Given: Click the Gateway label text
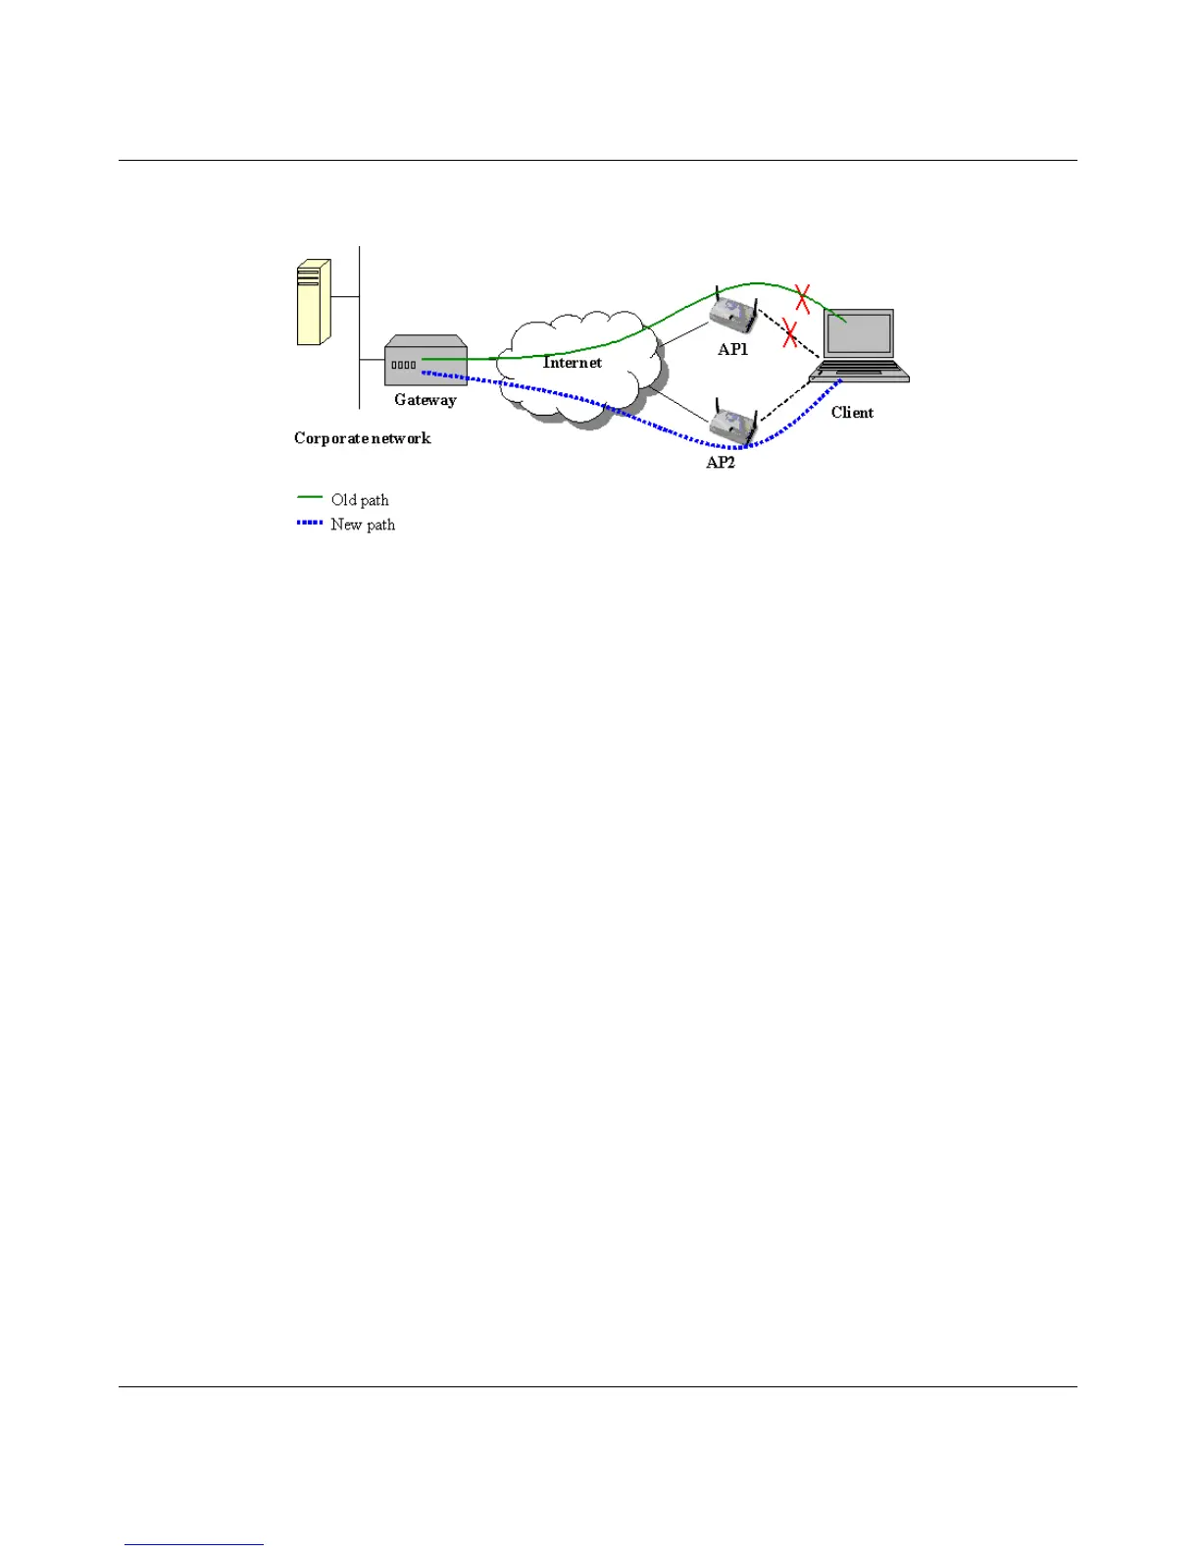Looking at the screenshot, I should pos(425,400).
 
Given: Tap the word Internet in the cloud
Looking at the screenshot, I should pos(573,363).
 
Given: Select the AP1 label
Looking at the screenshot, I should pos(732,349).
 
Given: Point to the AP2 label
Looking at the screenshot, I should pos(721,462).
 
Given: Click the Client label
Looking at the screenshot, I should pos(852,413).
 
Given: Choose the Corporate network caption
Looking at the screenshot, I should pos(363,438).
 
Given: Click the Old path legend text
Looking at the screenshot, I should pos(360,500).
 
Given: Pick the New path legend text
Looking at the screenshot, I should pos(363,525).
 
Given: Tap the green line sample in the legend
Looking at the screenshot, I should pos(310,498).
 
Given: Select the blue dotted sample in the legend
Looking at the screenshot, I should pos(310,523).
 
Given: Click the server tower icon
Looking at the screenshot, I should pos(314,302).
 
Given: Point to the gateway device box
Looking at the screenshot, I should pos(425,361).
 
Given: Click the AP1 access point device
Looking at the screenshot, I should pos(733,312).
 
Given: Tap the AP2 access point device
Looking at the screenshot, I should pos(732,424).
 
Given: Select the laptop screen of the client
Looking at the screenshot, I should pos(859,333).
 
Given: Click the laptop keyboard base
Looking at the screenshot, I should pos(860,371).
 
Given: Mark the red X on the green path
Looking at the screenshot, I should pos(802,298).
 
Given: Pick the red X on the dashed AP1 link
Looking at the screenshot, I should pos(789,334).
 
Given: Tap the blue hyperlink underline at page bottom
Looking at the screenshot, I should pos(194,1544).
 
